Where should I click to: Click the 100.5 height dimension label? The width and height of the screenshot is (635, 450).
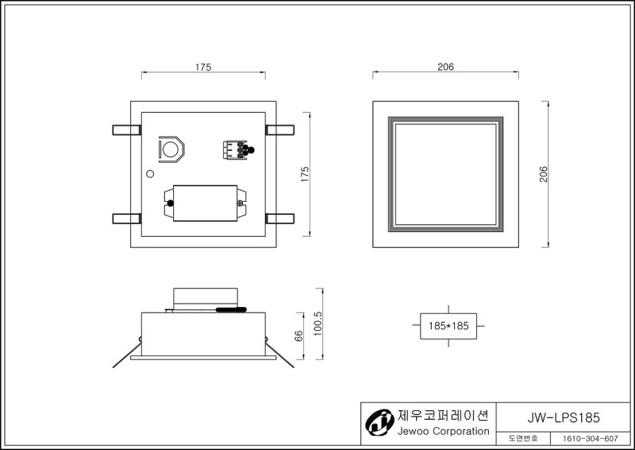coord(318,324)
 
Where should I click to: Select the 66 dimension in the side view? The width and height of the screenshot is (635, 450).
coord(298,336)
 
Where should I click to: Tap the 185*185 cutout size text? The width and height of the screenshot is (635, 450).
coord(448,326)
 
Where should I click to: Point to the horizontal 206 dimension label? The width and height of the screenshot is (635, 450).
coord(445,67)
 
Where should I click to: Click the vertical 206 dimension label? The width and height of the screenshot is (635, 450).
coord(544,174)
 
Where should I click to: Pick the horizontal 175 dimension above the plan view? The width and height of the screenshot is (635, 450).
coord(203,67)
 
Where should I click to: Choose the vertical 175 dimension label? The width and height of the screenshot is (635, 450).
coord(305,174)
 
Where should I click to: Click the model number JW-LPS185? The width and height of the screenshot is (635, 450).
coord(564,417)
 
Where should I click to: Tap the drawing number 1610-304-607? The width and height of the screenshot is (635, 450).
coord(591,439)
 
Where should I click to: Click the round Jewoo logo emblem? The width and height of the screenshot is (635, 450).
coord(379,422)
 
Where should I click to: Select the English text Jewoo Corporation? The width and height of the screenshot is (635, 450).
coord(443,431)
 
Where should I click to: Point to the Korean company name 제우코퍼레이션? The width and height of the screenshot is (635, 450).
coord(443,415)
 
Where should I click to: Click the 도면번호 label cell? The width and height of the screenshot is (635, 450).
coord(523,439)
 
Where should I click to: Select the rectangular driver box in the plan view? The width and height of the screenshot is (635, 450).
coord(206,204)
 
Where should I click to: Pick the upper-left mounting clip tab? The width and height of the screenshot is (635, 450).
coord(127,130)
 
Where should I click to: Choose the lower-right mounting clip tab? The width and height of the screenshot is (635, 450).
coord(280,219)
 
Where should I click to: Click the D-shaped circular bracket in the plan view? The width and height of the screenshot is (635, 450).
coord(171,149)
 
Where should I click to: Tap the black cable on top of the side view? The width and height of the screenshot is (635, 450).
coord(231,309)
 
